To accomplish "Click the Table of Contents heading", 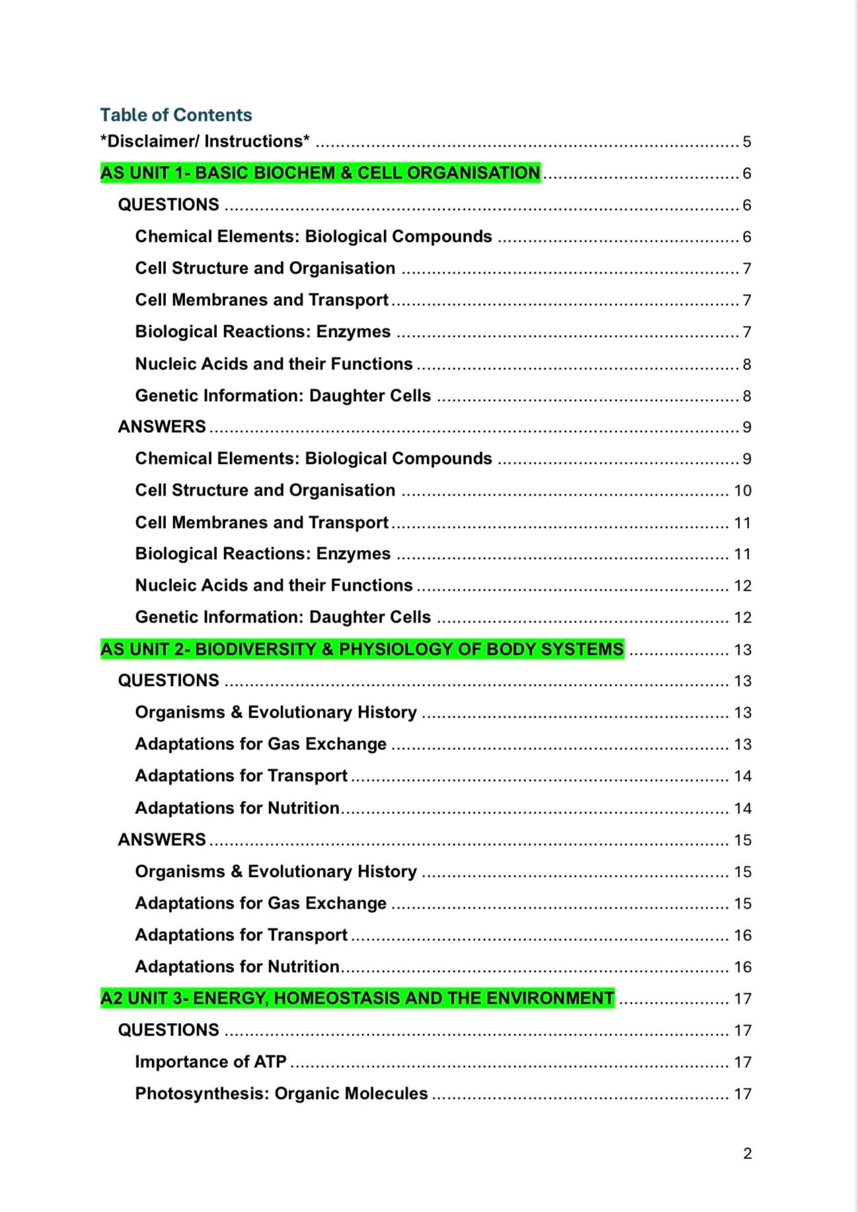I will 176,115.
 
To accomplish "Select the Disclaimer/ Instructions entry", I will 205,141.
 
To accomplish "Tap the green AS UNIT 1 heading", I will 320,173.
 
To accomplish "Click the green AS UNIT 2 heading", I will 362,649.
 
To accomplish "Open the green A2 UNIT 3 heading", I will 357,998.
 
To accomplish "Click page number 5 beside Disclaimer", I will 747,141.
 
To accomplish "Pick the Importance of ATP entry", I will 211,1061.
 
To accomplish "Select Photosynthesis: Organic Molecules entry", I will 282,1093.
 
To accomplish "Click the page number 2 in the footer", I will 748,1153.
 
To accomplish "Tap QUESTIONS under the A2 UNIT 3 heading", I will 169,1030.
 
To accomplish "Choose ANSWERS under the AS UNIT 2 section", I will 162,839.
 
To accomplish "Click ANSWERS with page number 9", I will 162,427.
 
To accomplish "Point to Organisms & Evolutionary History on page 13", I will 276,712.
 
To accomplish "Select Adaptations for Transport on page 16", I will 241,934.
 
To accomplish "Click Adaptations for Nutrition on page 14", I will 237,808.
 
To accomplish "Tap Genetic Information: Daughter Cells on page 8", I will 283,395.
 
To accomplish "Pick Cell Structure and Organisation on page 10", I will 265,490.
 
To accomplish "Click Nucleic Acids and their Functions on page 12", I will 274,586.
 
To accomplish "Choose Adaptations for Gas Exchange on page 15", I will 260,903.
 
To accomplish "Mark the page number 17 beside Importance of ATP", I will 742,1062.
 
